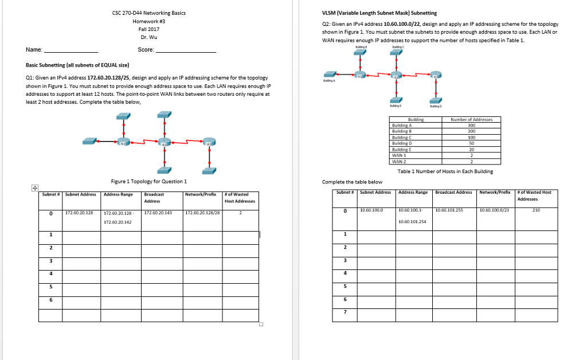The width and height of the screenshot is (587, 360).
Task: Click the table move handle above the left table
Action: point(34,187)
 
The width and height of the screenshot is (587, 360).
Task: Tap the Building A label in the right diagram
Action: point(328,82)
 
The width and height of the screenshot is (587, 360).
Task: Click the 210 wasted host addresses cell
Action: point(535,210)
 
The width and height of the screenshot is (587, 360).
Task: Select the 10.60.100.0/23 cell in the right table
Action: point(495,210)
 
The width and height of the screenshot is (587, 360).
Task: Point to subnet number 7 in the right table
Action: point(345,312)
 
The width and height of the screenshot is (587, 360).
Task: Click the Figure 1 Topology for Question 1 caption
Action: point(149,181)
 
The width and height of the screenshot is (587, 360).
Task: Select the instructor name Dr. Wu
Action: point(148,37)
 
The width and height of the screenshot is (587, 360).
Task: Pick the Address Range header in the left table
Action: point(119,194)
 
